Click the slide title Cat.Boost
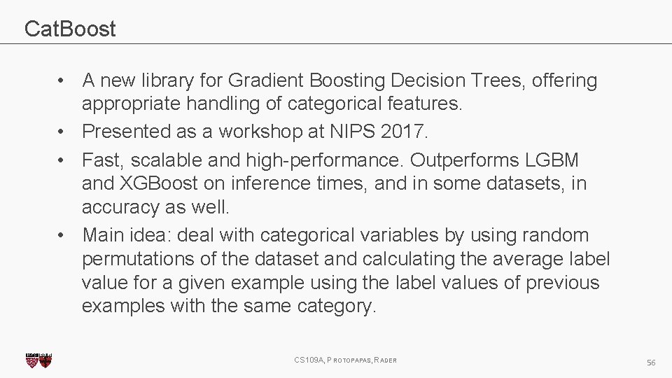(x=70, y=29)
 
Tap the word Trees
(x=498, y=81)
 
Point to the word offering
(x=565, y=81)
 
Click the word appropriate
(x=131, y=105)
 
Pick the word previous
(x=562, y=283)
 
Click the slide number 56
(x=651, y=362)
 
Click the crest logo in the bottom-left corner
(x=38, y=360)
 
